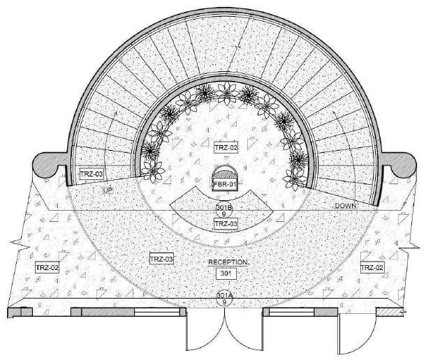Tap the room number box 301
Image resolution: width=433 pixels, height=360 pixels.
click(225, 273)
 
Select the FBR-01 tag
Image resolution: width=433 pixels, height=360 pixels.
click(225, 184)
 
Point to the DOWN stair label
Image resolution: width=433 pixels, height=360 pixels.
click(346, 206)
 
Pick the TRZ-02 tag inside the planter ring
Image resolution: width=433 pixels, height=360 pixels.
click(226, 148)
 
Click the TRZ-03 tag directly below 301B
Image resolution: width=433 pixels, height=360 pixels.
click(225, 223)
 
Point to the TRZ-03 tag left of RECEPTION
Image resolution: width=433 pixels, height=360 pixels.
click(161, 259)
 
